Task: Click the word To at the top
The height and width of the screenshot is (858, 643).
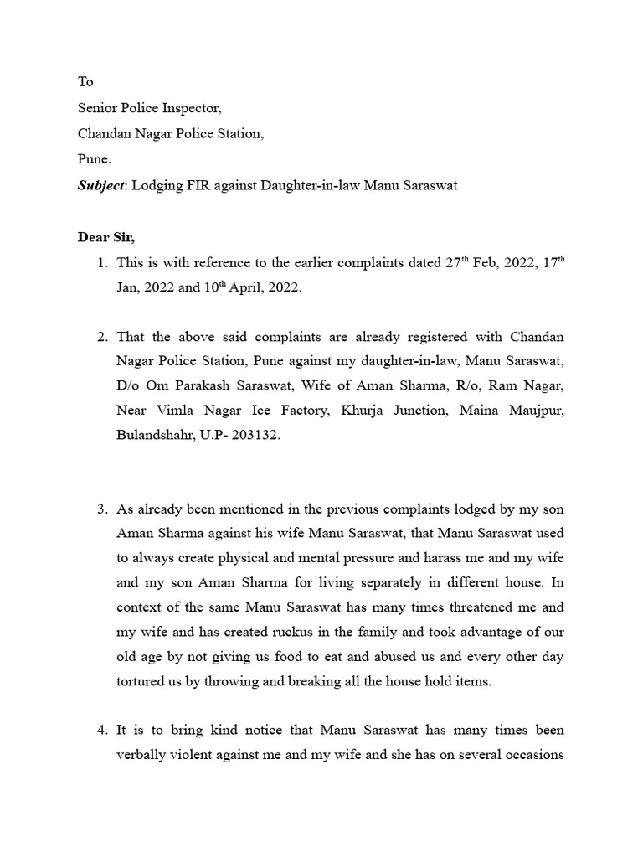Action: click(x=85, y=82)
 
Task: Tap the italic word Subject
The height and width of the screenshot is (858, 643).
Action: click(x=100, y=185)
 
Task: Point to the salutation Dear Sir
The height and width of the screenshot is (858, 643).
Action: click(x=106, y=237)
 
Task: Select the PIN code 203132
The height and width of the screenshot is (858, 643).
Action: click(x=254, y=436)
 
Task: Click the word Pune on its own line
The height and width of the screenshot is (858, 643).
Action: click(x=94, y=159)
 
